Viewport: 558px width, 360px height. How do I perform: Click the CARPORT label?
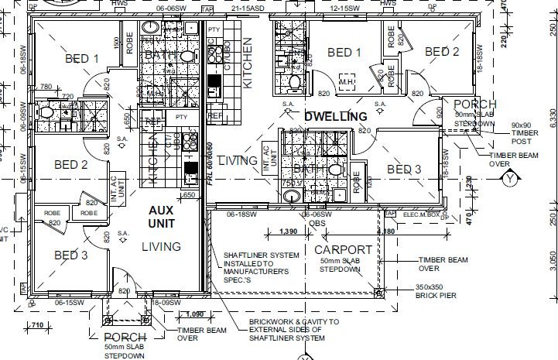[344, 251]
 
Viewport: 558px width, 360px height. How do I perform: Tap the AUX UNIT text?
[163, 216]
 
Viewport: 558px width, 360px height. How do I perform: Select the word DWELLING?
[335, 117]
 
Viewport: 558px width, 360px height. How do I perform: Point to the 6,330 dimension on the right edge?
[551, 116]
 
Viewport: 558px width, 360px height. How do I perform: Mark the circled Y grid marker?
[509, 180]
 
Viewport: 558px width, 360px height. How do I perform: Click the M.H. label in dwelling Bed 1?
[347, 82]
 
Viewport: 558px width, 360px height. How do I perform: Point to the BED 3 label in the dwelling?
[403, 170]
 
